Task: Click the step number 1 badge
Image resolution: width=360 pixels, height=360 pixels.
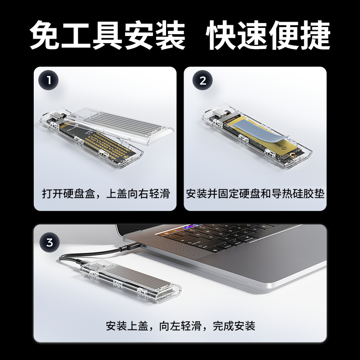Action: pyautogui.click(x=49, y=81)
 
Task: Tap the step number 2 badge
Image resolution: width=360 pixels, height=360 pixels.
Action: pyautogui.click(x=202, y=81)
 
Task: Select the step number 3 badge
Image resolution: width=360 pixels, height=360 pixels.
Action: pyautogui.click(x=49, y=243)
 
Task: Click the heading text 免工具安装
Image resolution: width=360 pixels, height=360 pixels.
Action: pyautogui.click(x=108, y=35)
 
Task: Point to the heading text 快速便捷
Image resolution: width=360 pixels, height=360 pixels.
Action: pyautogui.click(x=268, y=35)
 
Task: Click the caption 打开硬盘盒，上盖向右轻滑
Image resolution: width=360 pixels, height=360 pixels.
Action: pyautogui.click(x=106, y=193)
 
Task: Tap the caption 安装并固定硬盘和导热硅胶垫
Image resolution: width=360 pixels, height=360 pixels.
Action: pyautogui.click(x=255, y=193)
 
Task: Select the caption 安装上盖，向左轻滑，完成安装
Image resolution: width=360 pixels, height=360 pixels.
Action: pyautogui.click(x=180, y=326)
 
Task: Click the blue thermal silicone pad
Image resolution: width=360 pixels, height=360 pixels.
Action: pyautogui.click(x=261, y=131)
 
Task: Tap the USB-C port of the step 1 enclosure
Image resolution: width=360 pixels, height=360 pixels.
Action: pyautogui.click(x=56, y=115)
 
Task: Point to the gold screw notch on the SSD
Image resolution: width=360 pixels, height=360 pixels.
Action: pyautogui.click(x=293, y=155)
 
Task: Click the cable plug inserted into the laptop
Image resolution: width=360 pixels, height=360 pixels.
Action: pyautogui.click(x=130, y=247)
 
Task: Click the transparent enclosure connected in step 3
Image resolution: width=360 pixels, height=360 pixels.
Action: pyautogui.click(x=131, y=281)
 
